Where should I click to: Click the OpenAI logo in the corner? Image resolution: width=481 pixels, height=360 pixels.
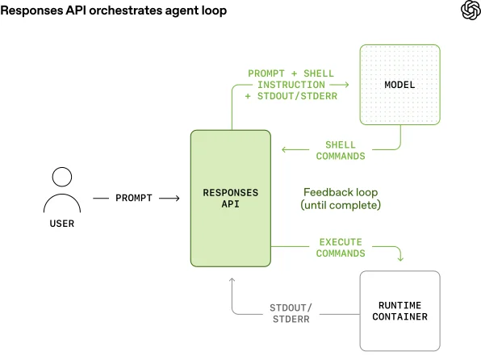(469, 10)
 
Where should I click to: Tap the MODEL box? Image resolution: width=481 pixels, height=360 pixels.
(400, 85)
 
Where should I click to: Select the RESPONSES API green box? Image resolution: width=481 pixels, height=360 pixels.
(230, 199)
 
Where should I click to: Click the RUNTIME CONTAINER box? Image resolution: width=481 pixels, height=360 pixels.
(400, 311)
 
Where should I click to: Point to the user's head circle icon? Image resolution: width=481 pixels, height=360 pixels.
(61, 177)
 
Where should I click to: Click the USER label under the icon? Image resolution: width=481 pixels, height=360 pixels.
(61, 223)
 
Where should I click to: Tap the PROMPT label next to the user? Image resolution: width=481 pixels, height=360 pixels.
(133, 198)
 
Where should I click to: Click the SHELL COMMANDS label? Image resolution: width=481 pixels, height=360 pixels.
(340, 150)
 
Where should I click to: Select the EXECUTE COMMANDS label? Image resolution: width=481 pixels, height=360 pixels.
(340, 247)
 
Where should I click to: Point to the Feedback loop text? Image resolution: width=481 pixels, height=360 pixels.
(340, 192)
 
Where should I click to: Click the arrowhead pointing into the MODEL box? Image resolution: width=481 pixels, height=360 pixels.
(346, 85)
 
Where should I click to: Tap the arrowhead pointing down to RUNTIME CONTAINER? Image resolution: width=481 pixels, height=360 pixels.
(400, 258)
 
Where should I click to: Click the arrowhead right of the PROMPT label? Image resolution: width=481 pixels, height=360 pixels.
(176, 198)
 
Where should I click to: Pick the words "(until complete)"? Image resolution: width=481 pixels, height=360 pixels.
(340, 206)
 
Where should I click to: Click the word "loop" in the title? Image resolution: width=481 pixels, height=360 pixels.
(213, 10)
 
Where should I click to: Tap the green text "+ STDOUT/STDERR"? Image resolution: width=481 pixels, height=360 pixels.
(292, 96)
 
